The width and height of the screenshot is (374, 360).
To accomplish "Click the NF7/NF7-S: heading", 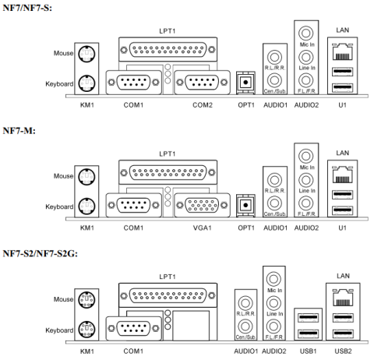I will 28,7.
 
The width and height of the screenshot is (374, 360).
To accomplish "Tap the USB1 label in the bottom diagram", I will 308,351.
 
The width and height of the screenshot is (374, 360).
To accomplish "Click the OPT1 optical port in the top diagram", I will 245,82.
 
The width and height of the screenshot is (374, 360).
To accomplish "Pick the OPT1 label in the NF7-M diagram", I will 245,228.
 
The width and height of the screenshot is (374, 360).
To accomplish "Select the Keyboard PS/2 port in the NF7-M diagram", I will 88,206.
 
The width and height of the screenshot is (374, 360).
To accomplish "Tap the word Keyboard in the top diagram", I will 59,83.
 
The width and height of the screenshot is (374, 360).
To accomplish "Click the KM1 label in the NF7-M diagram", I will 86,228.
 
